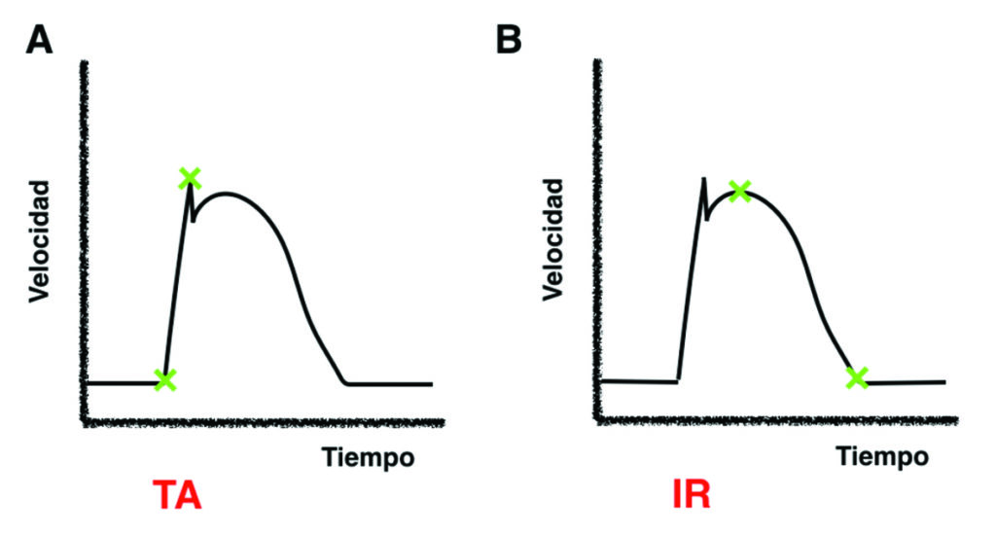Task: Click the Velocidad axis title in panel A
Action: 39,237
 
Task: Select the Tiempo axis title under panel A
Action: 368,456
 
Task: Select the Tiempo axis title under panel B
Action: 882,456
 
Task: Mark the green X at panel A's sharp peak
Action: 190,178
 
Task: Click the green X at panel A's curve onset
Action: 165,379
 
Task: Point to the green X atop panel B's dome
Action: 739,191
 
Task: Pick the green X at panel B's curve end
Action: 856,377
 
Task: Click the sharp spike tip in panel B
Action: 702,179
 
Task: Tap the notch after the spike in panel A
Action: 194,220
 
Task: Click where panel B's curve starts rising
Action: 678,380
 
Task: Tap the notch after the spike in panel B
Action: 706,218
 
